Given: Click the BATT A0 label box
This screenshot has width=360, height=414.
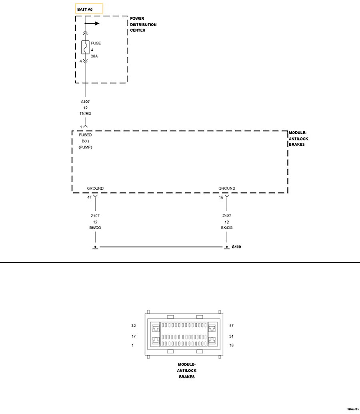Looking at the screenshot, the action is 89,8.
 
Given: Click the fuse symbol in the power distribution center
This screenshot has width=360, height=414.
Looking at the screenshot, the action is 85,47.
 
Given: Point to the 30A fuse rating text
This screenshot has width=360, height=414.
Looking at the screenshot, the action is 94,56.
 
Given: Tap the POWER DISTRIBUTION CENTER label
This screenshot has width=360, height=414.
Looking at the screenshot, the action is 143,24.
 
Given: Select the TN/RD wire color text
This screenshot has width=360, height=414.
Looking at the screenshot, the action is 85,114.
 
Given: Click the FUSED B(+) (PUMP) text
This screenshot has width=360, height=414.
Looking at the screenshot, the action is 85,141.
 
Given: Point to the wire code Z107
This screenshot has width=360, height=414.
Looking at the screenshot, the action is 95,216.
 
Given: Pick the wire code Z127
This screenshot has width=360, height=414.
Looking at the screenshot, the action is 227,216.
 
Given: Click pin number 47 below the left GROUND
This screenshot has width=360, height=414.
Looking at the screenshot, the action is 90,197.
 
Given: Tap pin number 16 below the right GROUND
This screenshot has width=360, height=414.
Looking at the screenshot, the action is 221,197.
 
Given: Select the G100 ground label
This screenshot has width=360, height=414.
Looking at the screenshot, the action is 236,247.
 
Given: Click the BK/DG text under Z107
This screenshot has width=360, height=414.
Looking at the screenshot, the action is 95,228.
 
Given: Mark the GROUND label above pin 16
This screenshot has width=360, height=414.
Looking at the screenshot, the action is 227,188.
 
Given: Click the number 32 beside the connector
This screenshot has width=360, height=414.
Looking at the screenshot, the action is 134,326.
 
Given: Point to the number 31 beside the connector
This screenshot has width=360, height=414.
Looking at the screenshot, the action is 231,336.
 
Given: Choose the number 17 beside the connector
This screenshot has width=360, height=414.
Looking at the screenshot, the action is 134,336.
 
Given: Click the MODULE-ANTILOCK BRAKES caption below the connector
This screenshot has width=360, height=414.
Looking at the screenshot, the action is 186,371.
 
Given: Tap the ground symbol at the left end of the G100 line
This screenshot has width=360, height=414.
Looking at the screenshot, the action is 95,247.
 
